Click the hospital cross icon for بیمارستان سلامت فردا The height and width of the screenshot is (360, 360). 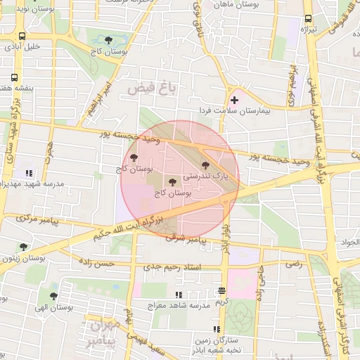(x=234, y=101)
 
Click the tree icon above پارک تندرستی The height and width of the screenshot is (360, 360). (x=205, y=165)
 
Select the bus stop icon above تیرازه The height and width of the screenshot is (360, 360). (x=307, y=19)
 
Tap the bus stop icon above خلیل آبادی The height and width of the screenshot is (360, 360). (x=22, y=36)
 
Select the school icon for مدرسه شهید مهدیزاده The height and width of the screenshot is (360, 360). (x=28, y=173)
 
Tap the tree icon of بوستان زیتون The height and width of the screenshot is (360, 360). (x=23, y=247)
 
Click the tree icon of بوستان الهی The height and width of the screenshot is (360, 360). (x=53, y=296)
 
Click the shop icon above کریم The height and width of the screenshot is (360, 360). (x=221, y=290)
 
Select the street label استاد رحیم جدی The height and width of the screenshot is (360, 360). (x=172, y=267)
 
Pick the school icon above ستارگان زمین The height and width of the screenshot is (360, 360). (x=217, y=329)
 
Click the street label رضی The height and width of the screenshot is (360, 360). (x=292, y=264)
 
